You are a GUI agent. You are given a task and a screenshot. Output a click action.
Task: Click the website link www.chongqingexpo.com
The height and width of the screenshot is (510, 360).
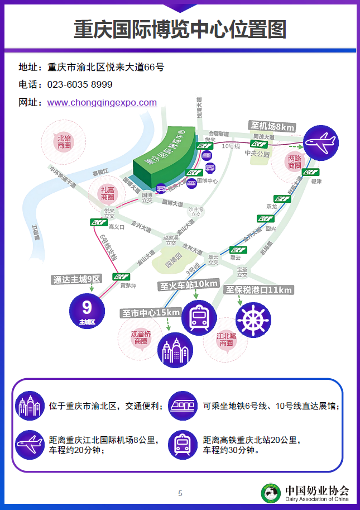pyautogui.click(x=102, y=103)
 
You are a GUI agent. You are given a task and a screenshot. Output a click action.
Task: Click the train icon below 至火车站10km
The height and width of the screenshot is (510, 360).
pyautogui.click(x=199, y=317)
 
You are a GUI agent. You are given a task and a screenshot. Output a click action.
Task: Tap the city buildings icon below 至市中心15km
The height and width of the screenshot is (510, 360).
pyautogui.click(x=173, y=350)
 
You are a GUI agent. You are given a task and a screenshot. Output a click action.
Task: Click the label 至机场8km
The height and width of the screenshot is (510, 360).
pyautogui.click(x=272, y=126)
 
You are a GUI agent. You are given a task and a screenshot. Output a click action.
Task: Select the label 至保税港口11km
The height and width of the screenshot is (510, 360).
pyautogui.click(x=258, y=290)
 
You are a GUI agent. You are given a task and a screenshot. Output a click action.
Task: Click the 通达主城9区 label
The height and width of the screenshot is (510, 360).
pyautogui.click(x=76, y=279)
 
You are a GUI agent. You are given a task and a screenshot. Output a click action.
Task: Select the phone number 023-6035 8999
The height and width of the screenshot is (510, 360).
pyautogui.click(x=80, y=85)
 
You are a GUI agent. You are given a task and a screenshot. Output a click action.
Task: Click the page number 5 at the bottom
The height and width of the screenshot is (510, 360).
pyautogui.click(x=180, y=493)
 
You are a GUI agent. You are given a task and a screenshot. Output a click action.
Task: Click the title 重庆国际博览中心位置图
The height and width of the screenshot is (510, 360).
pyautogui.click(x=180, y=29)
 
